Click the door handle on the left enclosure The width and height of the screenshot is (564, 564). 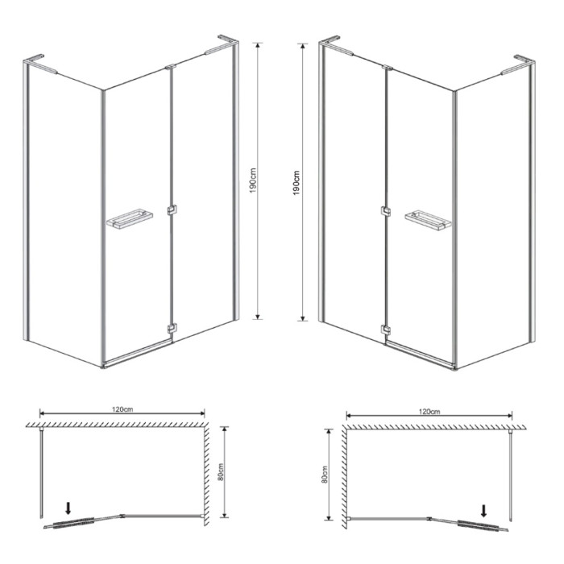[x=130, y=218]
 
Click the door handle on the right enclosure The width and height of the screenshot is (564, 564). [x=428, y=219]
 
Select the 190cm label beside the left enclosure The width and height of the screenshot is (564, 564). [x=253, y=180]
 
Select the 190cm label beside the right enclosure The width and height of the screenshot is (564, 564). [x=296, y=183]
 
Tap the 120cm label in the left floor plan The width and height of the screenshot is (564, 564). [x=122, y=409]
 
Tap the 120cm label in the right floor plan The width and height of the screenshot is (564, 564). [x=429, y=412]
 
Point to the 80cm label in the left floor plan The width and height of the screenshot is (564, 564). [x=221, y=471]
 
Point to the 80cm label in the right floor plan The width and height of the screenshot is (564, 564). [x=325, y=474]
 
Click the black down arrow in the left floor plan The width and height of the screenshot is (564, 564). [x=68, y=508]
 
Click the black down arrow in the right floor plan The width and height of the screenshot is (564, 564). [x=483, y=511]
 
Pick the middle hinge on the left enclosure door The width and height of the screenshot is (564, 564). [x=172, y=210]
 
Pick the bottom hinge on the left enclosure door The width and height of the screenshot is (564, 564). [x=172, y=329]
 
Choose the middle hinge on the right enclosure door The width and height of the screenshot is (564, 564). [x=386, y=211]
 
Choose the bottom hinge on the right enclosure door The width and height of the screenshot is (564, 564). [x=386, y=330]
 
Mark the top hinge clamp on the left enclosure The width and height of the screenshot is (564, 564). [x=171, y=67]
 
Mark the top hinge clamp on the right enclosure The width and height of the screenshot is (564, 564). [x=388, y=67]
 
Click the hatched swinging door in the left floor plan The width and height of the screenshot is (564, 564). [x=74, y=523]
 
